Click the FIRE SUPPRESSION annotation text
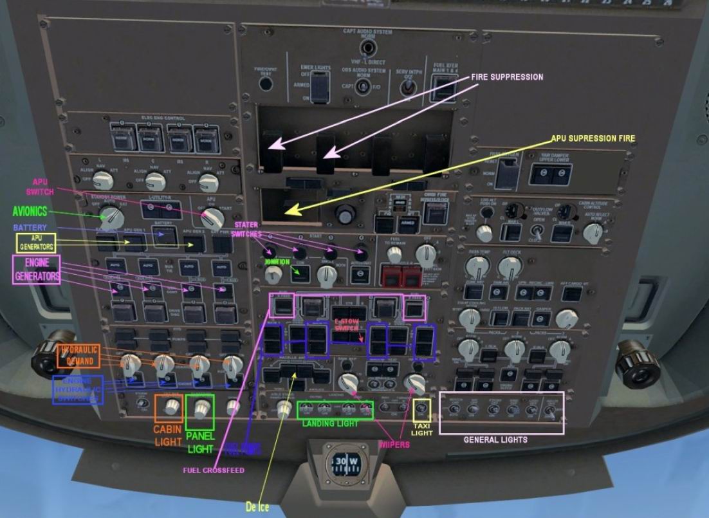(x=507, y=77)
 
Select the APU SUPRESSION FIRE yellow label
(x=593, y=138)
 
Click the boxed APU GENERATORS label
(x=35, y=243)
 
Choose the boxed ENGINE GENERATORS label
(x=36, y=270)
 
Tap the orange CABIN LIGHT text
(x=167, y=435)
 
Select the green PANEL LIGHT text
(x=200, y=442)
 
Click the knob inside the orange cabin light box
(x=170, y=407)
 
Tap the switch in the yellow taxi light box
(x=422, y=409)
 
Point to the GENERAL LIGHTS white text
(x=495, y=440)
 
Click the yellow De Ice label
(x=256, y=507)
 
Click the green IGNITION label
(x=278, y=262)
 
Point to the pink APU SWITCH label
(x=40, y=187)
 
